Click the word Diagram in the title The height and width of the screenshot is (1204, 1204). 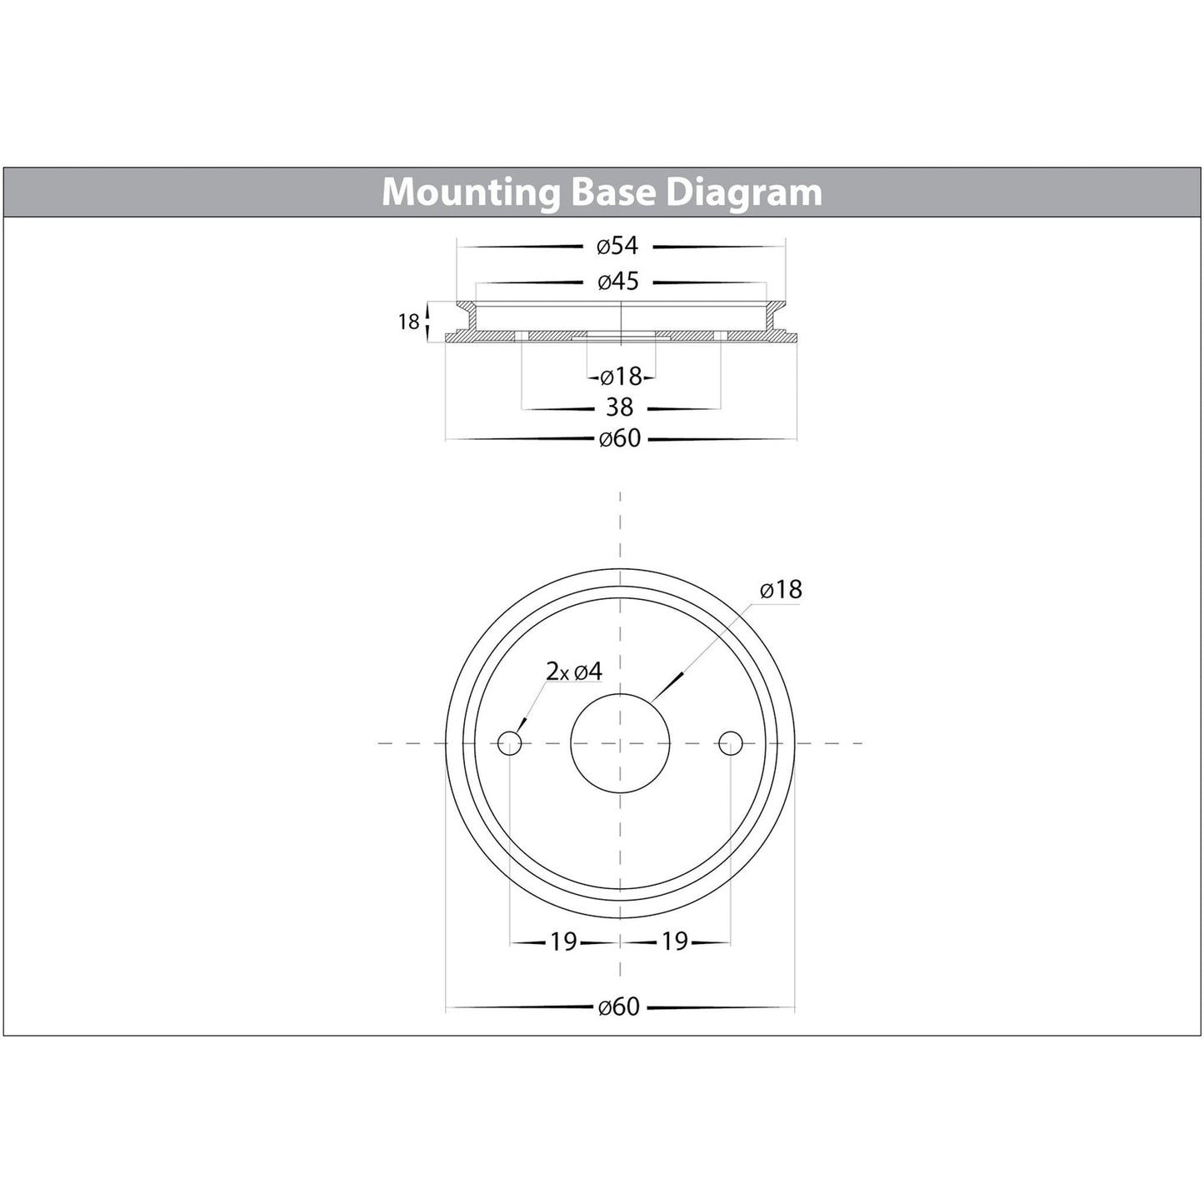[x=743, y=193]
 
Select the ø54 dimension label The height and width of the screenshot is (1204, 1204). [x=618, y=246]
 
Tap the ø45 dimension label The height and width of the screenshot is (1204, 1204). [x=618, y=282]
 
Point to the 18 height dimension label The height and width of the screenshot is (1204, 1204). [x=408, y=322]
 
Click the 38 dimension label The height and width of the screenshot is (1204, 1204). [x=619, y=407]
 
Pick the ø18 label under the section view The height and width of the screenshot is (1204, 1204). [x=621, y=377]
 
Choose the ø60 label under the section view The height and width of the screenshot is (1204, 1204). [x=620, y=438]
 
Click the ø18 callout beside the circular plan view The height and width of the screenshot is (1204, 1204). [x=781, y=590]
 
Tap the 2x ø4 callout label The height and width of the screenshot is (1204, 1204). [x=574, y=672]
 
